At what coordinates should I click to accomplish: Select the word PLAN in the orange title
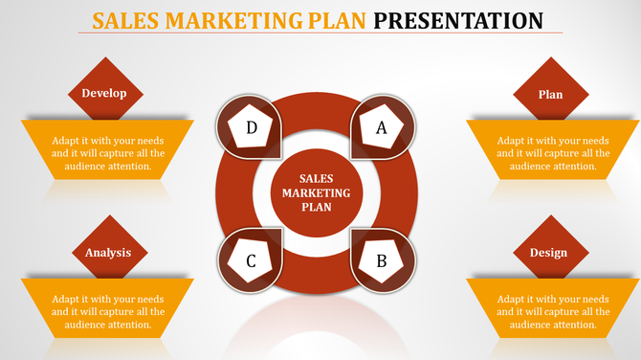click(336, 20)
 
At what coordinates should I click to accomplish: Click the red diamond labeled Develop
click(104, 93)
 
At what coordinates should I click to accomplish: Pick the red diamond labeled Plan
click(550, 94)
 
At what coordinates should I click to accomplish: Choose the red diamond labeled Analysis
click(107, 252)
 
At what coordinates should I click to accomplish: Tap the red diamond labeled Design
click(547, 252)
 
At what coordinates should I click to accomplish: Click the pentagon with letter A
click(381, 127)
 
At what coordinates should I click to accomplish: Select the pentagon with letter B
click(381, 259)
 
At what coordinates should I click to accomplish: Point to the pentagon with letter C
click(251, 260)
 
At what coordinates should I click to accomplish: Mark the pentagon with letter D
click(252, 127)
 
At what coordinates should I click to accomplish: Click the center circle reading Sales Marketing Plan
click(316, 191)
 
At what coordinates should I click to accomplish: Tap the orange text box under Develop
click(108, 152)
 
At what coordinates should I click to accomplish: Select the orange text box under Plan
click(553, 152)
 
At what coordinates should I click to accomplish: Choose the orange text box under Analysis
click(108, 310)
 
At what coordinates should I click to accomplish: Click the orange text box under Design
click(553, 310)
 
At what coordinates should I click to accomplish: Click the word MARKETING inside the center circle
click(317, 192)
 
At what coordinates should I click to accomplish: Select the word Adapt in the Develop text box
click(68, 140)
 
